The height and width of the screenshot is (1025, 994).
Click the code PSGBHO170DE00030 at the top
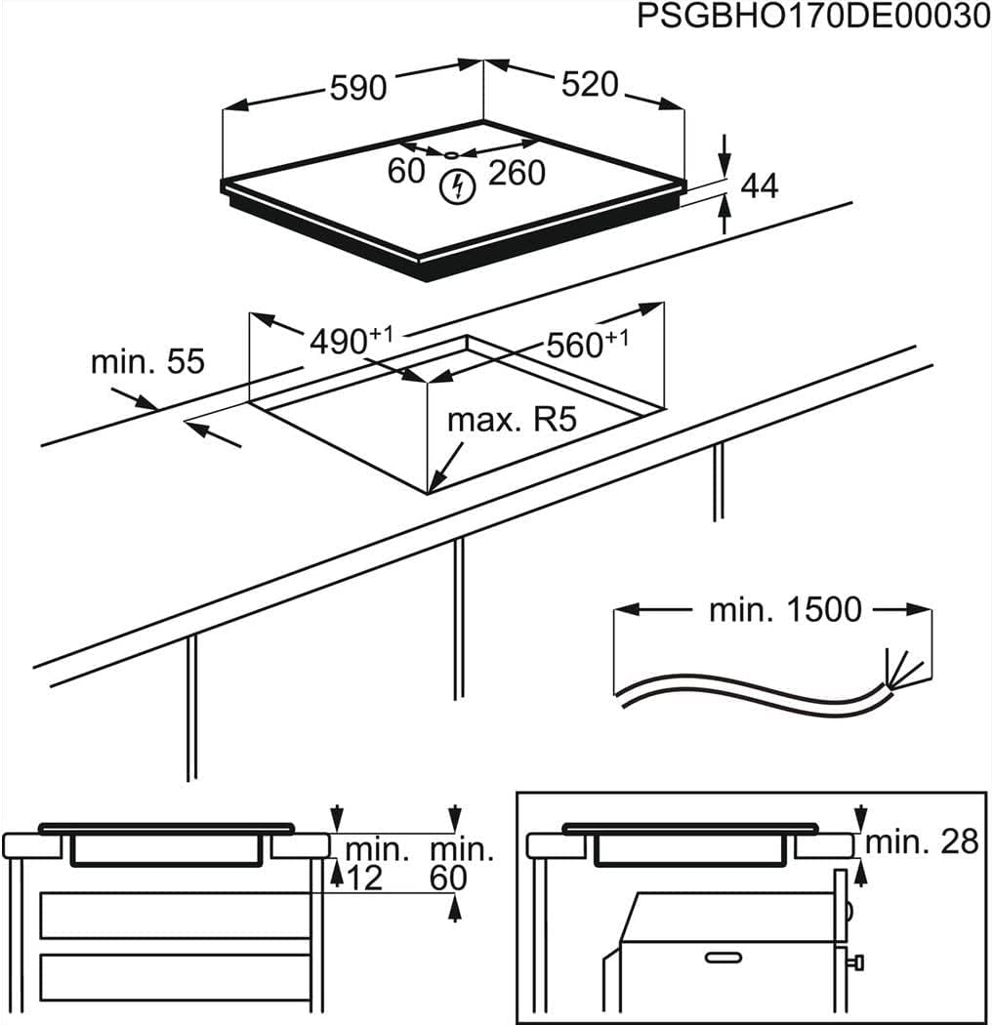tap(813, 19)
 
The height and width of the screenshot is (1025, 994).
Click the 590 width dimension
tap(358, 88)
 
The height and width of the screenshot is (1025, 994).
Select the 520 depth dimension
tap(590, 85)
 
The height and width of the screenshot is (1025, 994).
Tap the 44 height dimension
tap(760, 185)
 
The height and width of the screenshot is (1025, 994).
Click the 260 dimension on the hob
tap(516, 173)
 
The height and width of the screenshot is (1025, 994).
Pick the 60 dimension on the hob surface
tap(406, 171)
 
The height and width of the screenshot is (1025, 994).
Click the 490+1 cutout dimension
tap(351, 341)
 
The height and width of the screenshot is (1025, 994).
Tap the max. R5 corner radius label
tap(513, 421)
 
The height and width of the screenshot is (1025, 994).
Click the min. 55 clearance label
tap(147, 361)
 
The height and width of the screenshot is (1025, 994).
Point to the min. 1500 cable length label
tap(785, 610)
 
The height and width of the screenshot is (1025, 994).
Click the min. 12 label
tap(364, 863)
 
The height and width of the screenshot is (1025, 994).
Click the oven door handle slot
tap(727, 956)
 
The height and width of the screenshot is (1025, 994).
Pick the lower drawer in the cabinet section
tap(175, 977)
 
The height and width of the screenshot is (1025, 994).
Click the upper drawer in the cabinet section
tap(175, 915)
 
